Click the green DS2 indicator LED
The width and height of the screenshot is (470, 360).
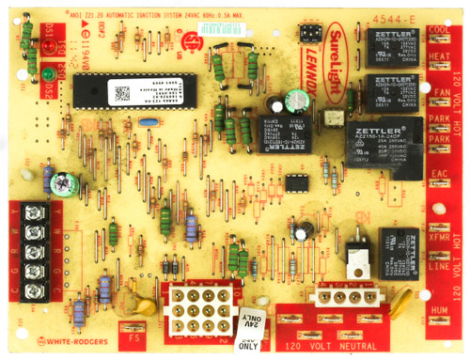tap(32, 73)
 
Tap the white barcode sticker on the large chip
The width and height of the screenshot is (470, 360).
tap(119, 91)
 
